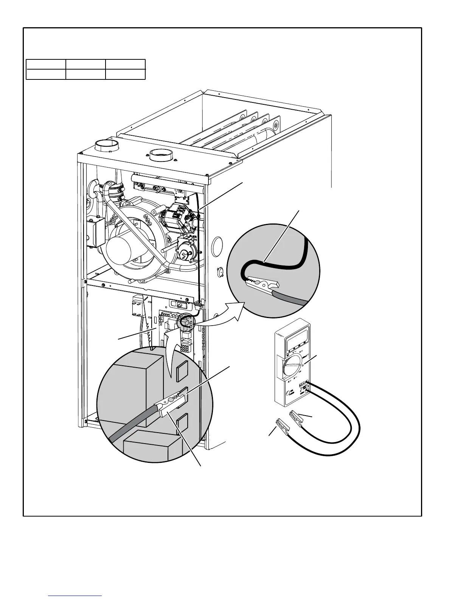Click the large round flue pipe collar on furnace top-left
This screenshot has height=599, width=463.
click(x=107, y=145)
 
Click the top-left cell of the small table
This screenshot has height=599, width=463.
click(x=46, y=64)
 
